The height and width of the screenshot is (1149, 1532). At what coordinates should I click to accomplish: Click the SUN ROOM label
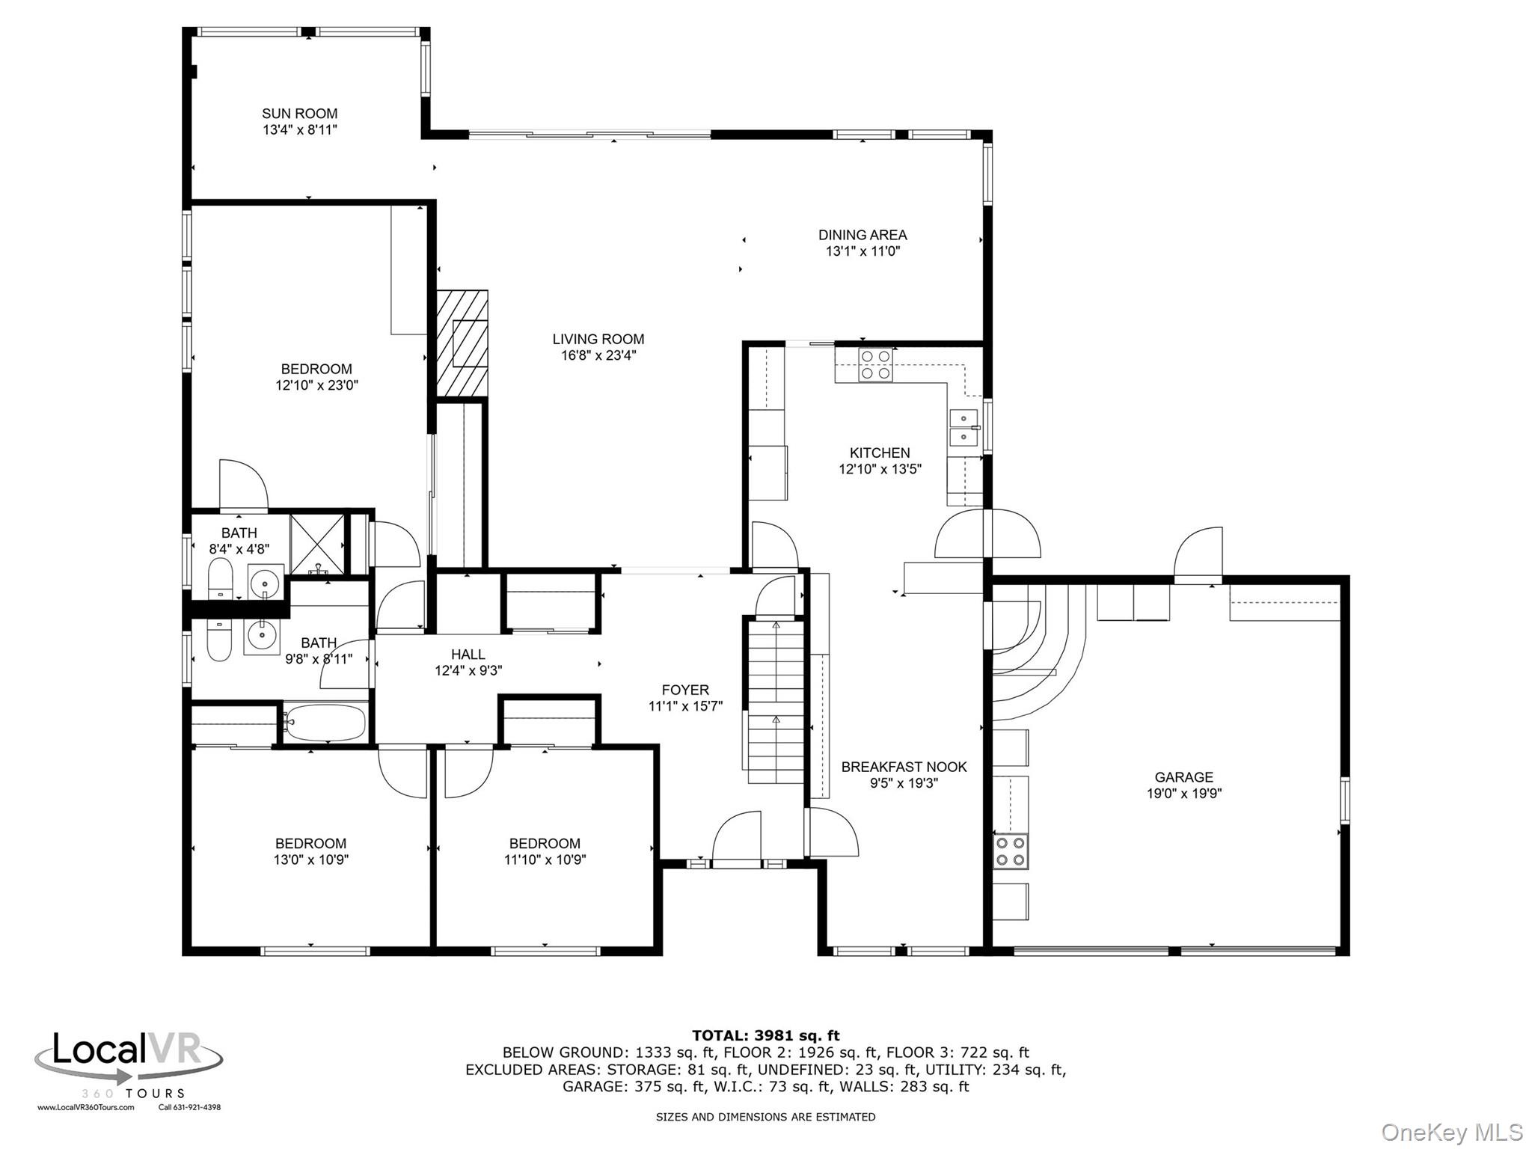pos(299,114)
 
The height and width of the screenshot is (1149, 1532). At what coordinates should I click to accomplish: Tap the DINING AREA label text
pos(862,235)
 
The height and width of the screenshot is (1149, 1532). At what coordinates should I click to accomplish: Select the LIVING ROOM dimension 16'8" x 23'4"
pos(598,355)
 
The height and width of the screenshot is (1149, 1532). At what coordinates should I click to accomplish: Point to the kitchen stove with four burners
pos(875,365)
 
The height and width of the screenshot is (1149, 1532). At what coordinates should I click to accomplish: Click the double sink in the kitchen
pos(963,428)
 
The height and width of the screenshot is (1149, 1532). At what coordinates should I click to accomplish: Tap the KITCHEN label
pos(880,453)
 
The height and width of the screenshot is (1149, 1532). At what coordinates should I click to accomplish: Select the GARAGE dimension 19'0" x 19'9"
pos(1184,794)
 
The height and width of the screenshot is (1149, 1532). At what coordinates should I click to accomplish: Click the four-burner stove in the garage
pos(1011,851)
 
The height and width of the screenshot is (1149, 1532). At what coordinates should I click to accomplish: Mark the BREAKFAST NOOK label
pos(904,767)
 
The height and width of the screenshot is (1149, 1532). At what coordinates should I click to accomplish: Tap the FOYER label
pos(685,690)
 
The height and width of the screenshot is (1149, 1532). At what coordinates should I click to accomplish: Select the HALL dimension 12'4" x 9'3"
pos(468,671)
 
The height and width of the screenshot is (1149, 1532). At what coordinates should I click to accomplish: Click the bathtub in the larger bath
pos(325,723)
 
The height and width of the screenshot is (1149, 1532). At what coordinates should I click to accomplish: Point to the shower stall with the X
pos(317,544)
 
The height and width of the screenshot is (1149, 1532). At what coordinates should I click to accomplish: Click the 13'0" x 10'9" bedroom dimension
pos(311,860)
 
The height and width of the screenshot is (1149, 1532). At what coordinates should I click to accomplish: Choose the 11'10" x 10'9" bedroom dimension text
pos(545,860)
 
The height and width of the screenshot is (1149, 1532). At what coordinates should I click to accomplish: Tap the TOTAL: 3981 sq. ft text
pos(766,1036)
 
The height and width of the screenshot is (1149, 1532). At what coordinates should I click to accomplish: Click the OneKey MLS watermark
pos(1452,1133)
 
